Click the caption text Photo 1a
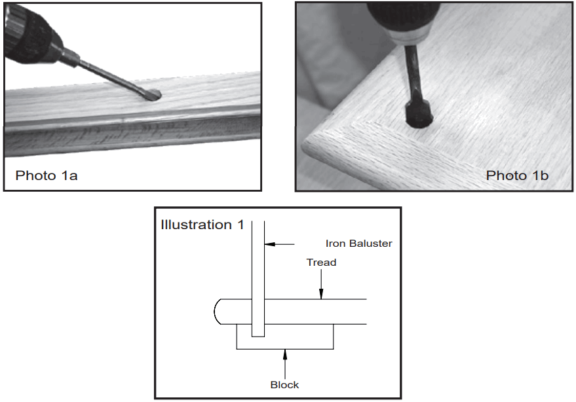47,175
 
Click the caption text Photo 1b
517,175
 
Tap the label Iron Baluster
358,244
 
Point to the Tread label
321,263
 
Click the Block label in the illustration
284,384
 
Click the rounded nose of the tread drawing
219,312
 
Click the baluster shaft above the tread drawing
258,262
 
